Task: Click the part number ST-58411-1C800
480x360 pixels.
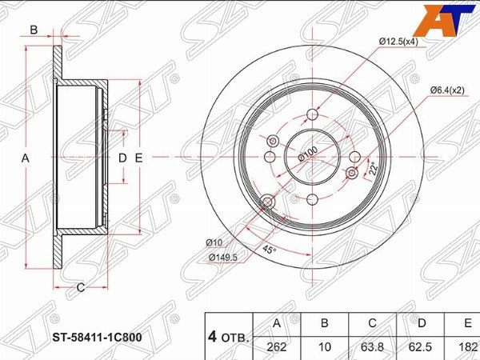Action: (x=98, y=338)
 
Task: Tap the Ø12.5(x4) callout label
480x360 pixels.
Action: (x=398, y=42)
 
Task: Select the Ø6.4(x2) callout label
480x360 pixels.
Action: (x=447, y=90)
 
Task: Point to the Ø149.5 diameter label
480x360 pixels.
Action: (x=223, y=258)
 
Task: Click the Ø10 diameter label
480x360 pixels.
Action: (x=214, y=242)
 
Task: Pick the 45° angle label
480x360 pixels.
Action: (x=269, y=250)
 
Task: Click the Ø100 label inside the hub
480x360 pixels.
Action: (x=308, y=154)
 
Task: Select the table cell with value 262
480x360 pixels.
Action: (x=277, y=347)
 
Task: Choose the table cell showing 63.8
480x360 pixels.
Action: (x=372, y=347)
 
